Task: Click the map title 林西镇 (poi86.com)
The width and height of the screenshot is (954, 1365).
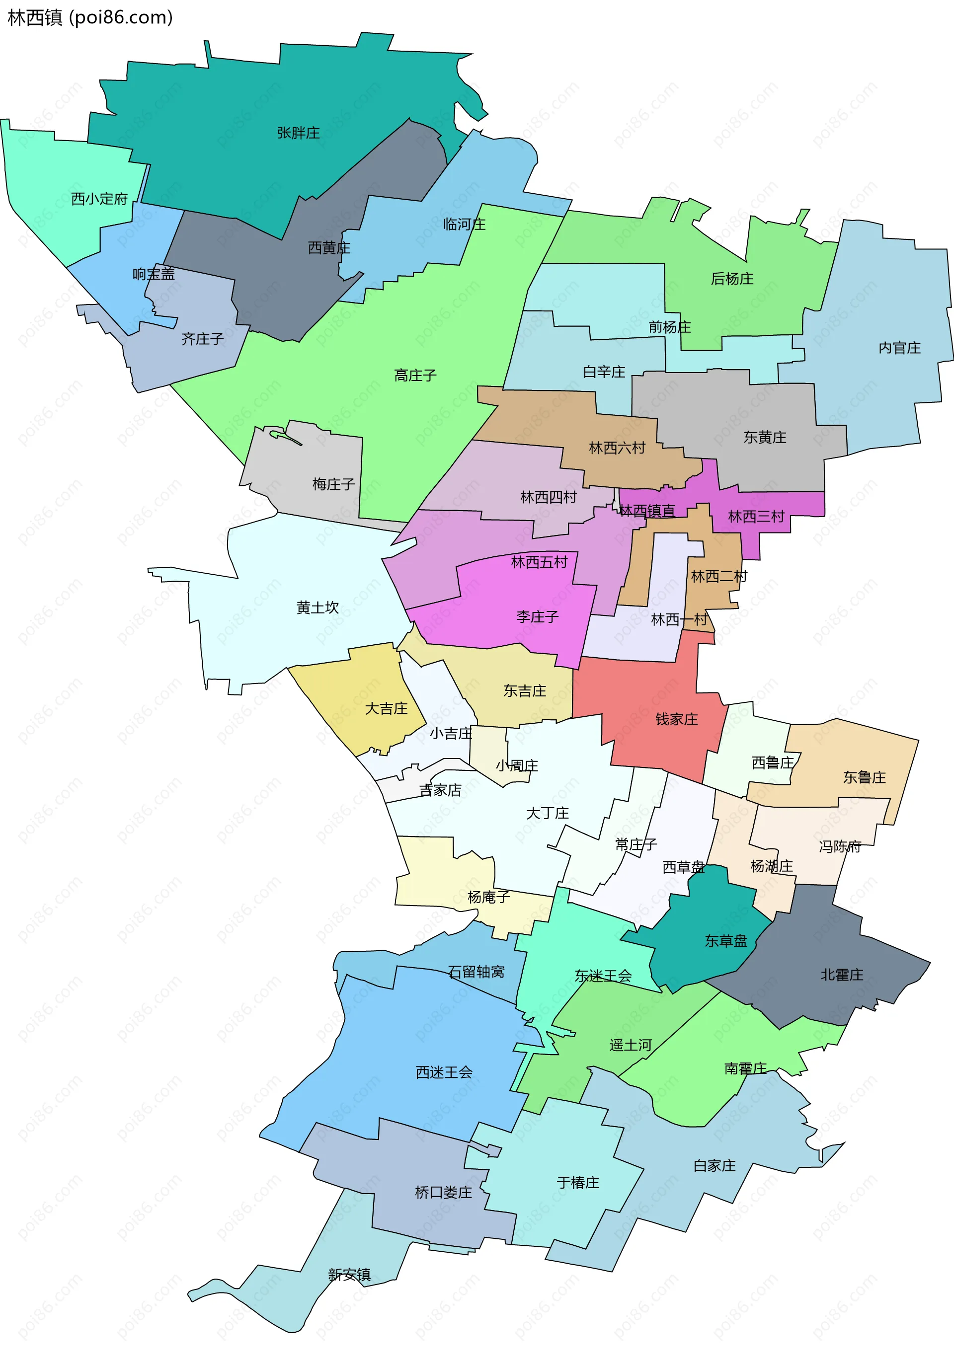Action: pos(90,17)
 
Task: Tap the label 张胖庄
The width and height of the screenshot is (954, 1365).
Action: pos(298,133)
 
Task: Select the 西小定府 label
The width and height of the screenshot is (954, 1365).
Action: pos(99,199)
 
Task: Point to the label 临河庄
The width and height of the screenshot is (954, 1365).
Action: pos(464,224)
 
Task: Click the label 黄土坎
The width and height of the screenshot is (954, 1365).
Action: pos(317,607)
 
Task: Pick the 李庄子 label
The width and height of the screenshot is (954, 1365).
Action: pos(537,616)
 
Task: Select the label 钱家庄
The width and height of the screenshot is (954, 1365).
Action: pos(676,719)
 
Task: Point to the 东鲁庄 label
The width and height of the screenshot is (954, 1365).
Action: pos(864,777)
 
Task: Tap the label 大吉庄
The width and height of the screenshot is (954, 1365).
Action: pos(386,708)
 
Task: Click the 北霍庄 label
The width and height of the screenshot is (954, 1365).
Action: pos(841,975)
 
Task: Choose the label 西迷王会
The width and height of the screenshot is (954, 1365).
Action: pos(444,1072)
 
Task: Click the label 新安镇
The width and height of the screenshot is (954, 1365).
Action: pos(349,1274)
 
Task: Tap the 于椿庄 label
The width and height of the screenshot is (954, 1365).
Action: pos(577,1182)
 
